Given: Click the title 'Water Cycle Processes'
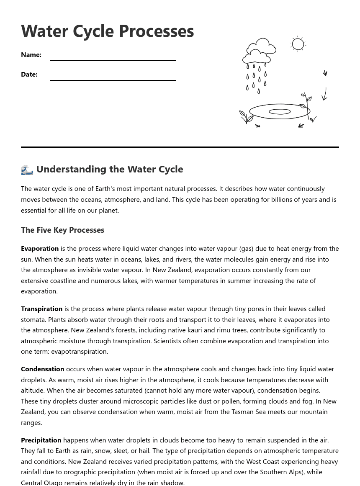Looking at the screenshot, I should pyautogui.click(x=107, y=31).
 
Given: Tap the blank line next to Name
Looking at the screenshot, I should pyautogui.click(x=113, y=59).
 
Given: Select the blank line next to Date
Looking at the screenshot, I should pyautogui.click(x=113, y=78).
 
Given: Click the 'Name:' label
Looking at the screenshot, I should pyautogui.click(x=31, y=55).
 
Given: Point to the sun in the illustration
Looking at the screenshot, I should pyautogui.click(x=298, y=44).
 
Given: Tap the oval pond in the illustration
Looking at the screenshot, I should pyautogui.click(x=280, y=111).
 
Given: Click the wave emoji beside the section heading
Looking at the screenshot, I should pyautogui.click(x=27, y=170).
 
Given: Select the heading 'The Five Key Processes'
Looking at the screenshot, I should pyautogui.click(x=62, y=230).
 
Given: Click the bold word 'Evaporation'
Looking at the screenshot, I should pyautogui.click(x=40, y=249).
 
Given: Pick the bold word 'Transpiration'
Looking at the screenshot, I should pyautogui.click(x=41, y=309).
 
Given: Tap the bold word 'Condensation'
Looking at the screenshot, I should pyautogui.click(x=42, y=369).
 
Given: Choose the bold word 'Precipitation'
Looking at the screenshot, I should pyautogui.click(x=41, y=440).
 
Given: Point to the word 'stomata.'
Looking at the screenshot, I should pyautogui.click(x=33, y=320).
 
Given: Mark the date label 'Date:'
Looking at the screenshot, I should pyautogui.click(x=29, y=75).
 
